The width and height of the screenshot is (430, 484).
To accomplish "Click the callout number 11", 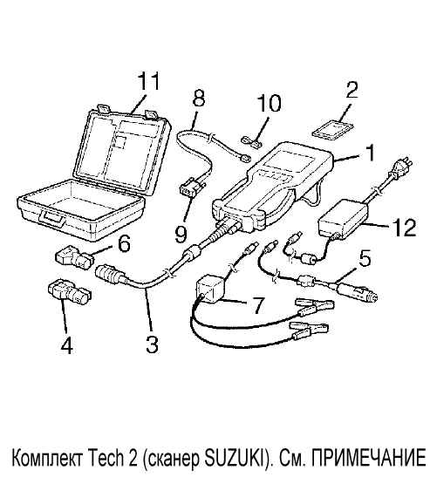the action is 149,81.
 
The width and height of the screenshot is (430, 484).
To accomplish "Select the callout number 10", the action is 269,104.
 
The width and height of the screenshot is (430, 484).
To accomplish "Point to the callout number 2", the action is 352,90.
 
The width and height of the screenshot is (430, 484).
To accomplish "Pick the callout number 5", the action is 365,259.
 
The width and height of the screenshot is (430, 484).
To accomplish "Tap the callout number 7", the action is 257,305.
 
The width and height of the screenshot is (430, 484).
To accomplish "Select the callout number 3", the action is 152,344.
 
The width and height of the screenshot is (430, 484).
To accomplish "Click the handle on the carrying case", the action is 52,218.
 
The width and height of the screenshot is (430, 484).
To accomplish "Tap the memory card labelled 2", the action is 333,130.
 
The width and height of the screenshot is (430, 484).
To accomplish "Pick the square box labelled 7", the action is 210,289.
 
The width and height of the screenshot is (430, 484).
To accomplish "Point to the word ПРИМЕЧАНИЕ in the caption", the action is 369,459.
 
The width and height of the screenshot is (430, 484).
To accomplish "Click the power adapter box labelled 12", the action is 343,218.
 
